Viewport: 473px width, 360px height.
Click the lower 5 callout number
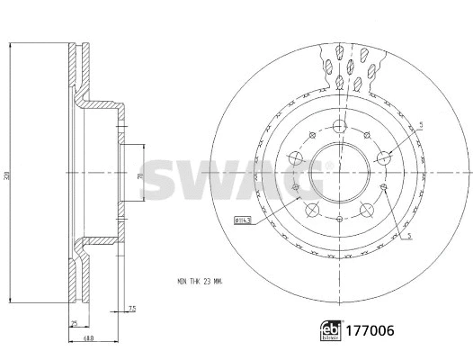[410, 236]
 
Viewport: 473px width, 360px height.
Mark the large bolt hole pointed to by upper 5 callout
[384, 157]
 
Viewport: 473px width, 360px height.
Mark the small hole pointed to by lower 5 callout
[383, 187]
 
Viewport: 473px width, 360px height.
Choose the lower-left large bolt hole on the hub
[311, 210]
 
